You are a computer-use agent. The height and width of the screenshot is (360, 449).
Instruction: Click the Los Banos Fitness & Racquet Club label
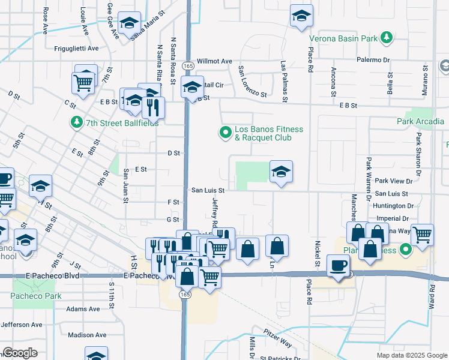point(268,133)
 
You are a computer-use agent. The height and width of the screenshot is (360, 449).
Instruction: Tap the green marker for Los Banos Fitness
point(226,133)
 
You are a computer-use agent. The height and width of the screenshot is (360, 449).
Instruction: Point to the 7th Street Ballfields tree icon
point(76,122)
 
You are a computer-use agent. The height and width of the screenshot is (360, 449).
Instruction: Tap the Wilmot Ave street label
point(214,61)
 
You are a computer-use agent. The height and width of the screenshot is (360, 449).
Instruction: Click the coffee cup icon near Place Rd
point(339,265)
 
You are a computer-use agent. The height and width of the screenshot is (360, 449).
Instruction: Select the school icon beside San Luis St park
point(281,172)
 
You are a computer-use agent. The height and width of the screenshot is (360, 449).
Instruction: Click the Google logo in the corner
point(20,353)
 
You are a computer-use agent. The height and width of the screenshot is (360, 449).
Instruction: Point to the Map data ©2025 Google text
point(411,355)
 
